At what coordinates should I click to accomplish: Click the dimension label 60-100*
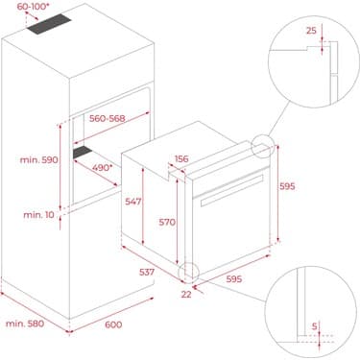tap(26, 8)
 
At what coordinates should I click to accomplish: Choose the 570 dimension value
tap(167, 222)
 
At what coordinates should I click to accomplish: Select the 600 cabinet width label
tap(112, 325)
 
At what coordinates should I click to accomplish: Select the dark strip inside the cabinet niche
tap(89, 152)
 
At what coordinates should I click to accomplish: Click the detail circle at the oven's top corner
tap(261, 147)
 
